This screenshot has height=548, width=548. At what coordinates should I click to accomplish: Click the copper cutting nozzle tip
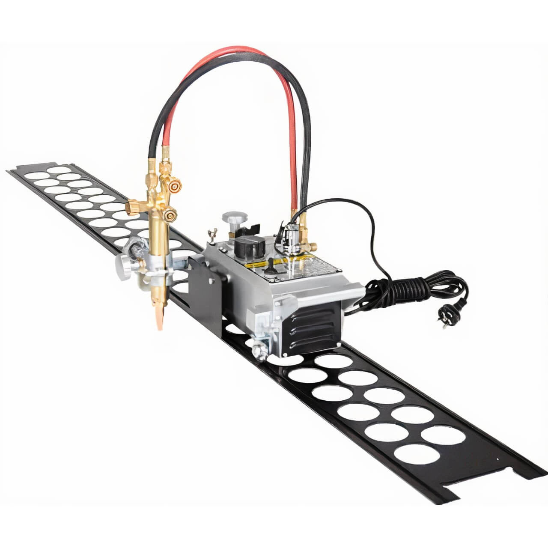point(160,319)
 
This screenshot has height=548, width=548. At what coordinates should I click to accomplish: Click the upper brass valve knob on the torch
point(173,185)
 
